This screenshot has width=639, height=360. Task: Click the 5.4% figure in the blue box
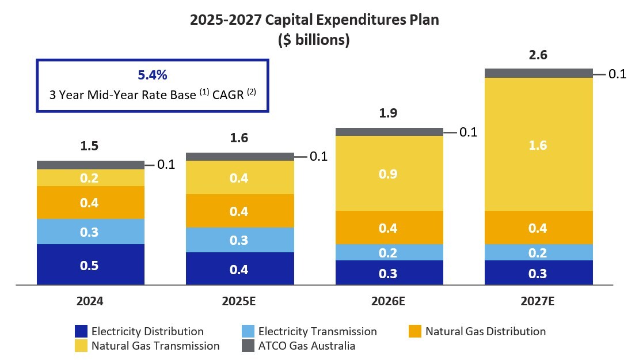[x=153, y=75]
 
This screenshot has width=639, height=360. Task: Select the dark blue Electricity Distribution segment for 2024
[x=90, y=265]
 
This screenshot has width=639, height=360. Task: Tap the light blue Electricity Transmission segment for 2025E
[x=239, y=240]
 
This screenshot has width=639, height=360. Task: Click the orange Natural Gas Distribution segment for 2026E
[x=389, y=228]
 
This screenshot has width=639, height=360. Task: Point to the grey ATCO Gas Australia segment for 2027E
[x=539, y=73]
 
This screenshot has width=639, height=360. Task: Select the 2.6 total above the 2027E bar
[x=539, y=56]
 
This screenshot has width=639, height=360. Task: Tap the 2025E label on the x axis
[x=239, y=301]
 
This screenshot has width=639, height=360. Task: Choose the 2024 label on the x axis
[x=90, y=301]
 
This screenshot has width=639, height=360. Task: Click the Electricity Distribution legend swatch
[x=81, y=331]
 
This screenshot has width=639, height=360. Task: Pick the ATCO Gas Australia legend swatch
[x=248, y=346]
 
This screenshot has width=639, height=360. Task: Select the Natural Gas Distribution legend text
[x=485, y=331]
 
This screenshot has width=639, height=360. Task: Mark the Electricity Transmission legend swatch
[x=248, y=331]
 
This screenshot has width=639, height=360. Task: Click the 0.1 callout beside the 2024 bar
[x=166, y=165]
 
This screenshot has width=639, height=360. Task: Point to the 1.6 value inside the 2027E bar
[x=539, y=146]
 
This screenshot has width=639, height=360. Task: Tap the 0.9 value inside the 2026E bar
[x=389, y=173]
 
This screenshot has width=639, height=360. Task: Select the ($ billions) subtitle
[x=314, y=41]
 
